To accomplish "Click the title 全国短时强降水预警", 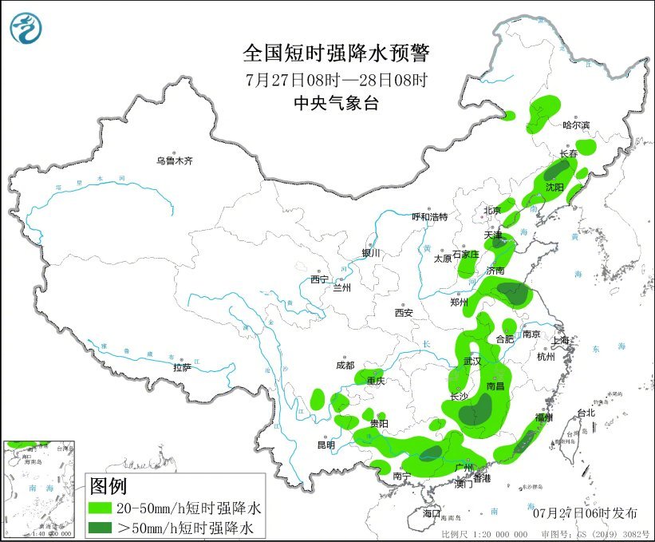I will pos(336,53).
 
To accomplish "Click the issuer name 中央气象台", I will pos(336,102).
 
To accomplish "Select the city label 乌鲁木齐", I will pos(175,161).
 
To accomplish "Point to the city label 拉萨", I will pos(182,368).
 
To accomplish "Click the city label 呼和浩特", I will pos(429,217).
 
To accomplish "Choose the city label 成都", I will pos(345,366).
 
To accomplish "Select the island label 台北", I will pos(586,413).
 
